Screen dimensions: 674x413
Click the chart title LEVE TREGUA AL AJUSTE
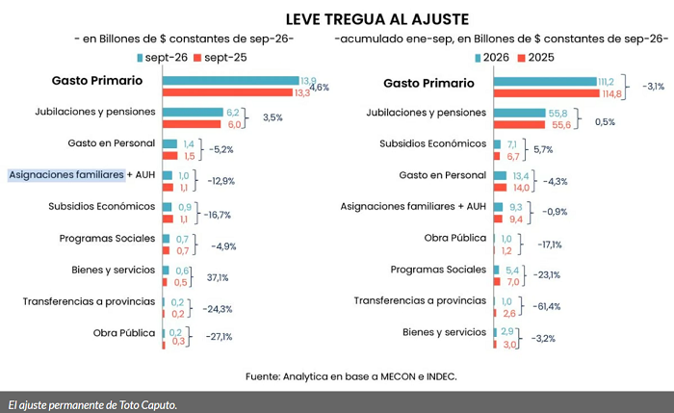point(377,19)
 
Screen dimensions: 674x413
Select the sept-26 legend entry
point(162,58)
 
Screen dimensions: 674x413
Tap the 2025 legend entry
point(536,58)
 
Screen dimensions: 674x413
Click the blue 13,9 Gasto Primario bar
point(230,80)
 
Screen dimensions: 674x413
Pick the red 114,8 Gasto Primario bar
point(546,93)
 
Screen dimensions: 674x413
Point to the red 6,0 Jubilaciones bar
point(192,124)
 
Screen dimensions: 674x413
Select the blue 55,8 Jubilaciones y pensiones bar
point(520,113)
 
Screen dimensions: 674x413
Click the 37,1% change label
point(218,277)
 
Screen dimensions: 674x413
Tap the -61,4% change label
point(547,306)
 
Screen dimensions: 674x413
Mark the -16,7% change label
point(217,215)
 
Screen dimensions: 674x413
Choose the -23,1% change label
point(547,275)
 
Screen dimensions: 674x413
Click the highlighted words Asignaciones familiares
point(66,175)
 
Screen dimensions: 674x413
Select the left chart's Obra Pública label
point(124,333)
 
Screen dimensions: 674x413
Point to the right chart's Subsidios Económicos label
point(433,143)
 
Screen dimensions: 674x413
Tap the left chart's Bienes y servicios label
point(113,270)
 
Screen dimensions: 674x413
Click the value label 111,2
point(606,82)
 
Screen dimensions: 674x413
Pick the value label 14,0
point(522,188)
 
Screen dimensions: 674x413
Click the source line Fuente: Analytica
point(351,376)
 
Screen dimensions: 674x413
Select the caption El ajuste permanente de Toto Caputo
point(92,405)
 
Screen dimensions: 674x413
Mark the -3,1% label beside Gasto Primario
point(654,87)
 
